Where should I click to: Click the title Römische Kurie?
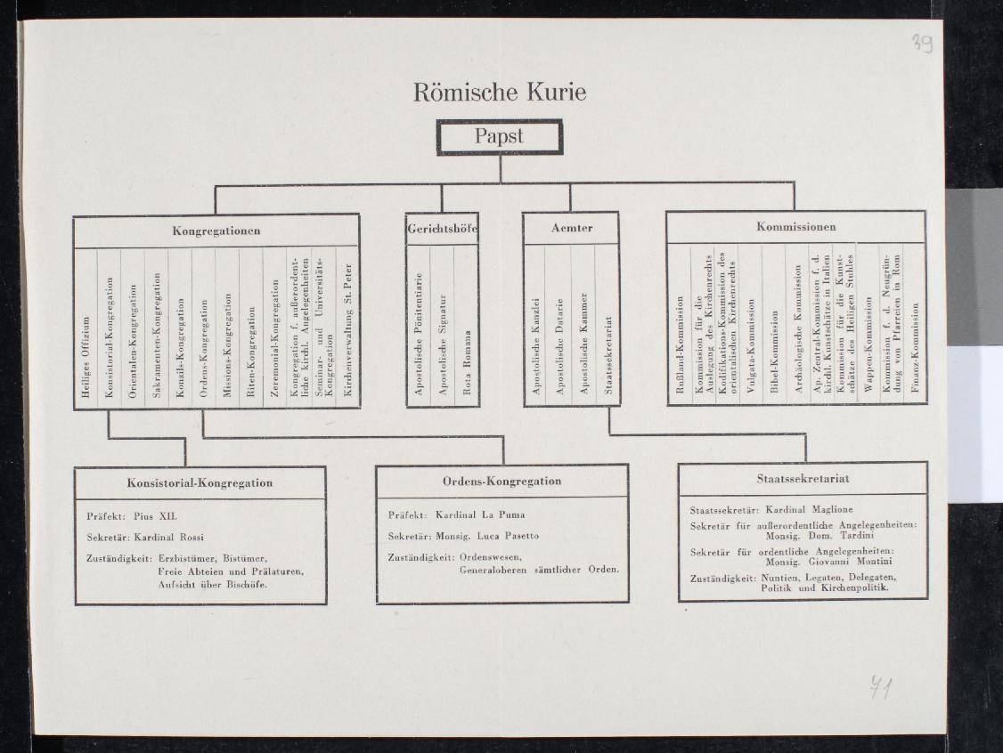click(500, 92)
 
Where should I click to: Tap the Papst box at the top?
click(500, 137)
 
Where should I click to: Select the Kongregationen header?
click(216, 231)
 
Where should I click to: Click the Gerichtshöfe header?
click(442, 228)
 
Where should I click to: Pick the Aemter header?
click(572, 228)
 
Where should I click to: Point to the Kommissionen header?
click(795, 226)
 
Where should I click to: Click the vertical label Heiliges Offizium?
click(86, 357)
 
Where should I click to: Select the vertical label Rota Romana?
click(467, 362)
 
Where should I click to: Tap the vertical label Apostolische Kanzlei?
click(536, 346)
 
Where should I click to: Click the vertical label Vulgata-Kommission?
click(751, 345)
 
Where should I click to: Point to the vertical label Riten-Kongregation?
click(251, 352)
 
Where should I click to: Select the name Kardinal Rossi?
click(168, 537)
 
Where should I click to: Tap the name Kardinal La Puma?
click(480, 514)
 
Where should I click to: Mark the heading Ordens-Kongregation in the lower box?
click(502, 482)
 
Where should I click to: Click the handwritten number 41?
click(881, 688)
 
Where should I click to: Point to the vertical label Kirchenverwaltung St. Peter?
click(348, 330)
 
